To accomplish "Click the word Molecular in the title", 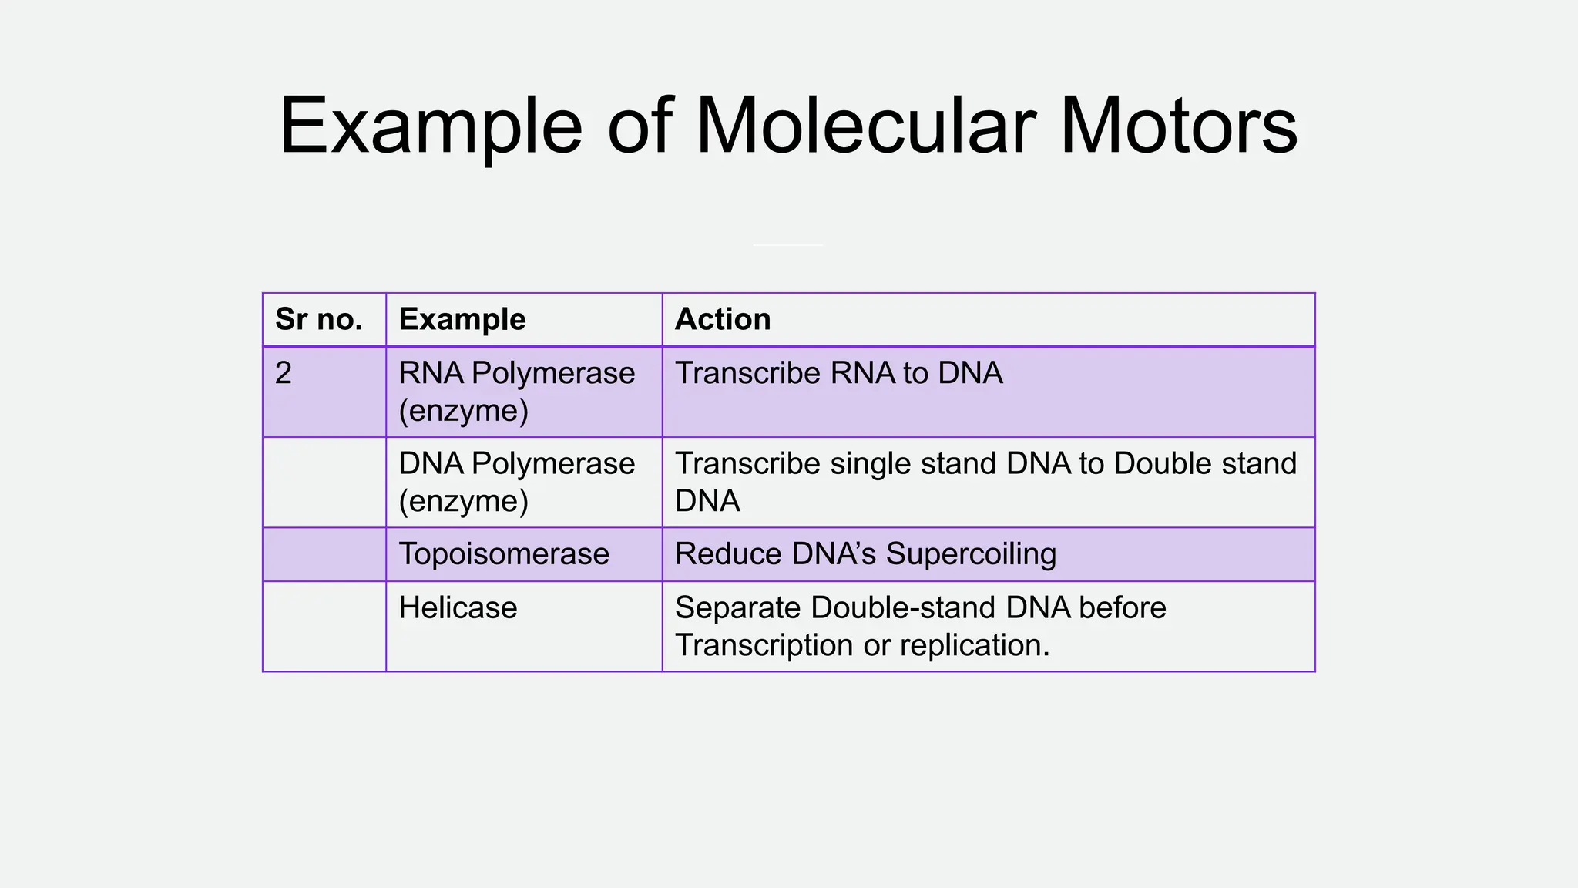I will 865,126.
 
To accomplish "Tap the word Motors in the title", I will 1178,126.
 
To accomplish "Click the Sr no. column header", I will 319,319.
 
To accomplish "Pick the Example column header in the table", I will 462,319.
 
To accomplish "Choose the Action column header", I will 723,319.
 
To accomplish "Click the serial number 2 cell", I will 284,373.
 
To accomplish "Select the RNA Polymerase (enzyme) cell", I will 516,392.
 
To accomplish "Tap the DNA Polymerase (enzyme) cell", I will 516,482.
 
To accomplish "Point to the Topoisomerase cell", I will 504,554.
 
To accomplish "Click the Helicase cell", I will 458,608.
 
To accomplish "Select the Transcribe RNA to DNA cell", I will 839,373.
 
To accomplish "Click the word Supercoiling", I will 971,554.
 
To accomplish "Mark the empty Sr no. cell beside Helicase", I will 324,626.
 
